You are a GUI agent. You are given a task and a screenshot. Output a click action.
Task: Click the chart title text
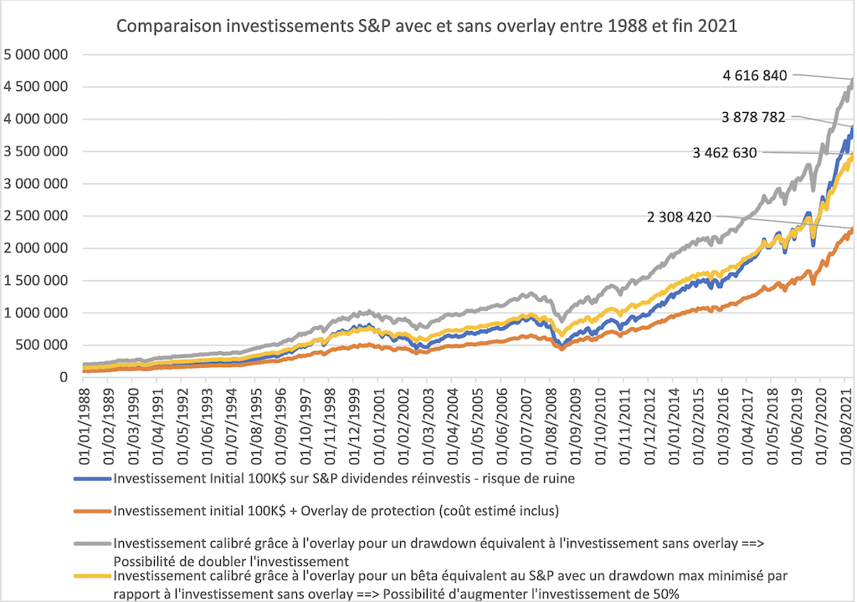click(x=427, y=26)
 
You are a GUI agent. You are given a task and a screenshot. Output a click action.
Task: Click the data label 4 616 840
click(x=755, y=75)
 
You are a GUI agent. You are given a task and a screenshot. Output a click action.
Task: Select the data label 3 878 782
click(x=753, y=118)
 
